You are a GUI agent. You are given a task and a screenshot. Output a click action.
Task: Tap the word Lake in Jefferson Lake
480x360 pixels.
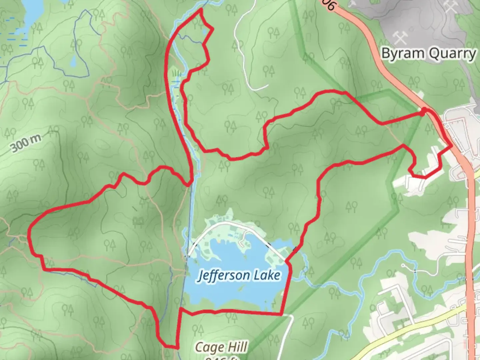coord(267,275)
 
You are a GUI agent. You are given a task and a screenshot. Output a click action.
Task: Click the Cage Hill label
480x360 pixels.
coord(221,347)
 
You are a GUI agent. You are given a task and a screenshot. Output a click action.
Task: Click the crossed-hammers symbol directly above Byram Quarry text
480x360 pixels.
coord(400,37)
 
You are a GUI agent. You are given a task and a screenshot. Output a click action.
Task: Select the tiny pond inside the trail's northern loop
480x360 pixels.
coord(204,32)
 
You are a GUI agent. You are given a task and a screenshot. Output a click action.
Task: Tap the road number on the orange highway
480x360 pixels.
coord(328,5)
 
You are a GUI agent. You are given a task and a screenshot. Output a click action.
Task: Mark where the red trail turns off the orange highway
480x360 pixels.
coord(451,146)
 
